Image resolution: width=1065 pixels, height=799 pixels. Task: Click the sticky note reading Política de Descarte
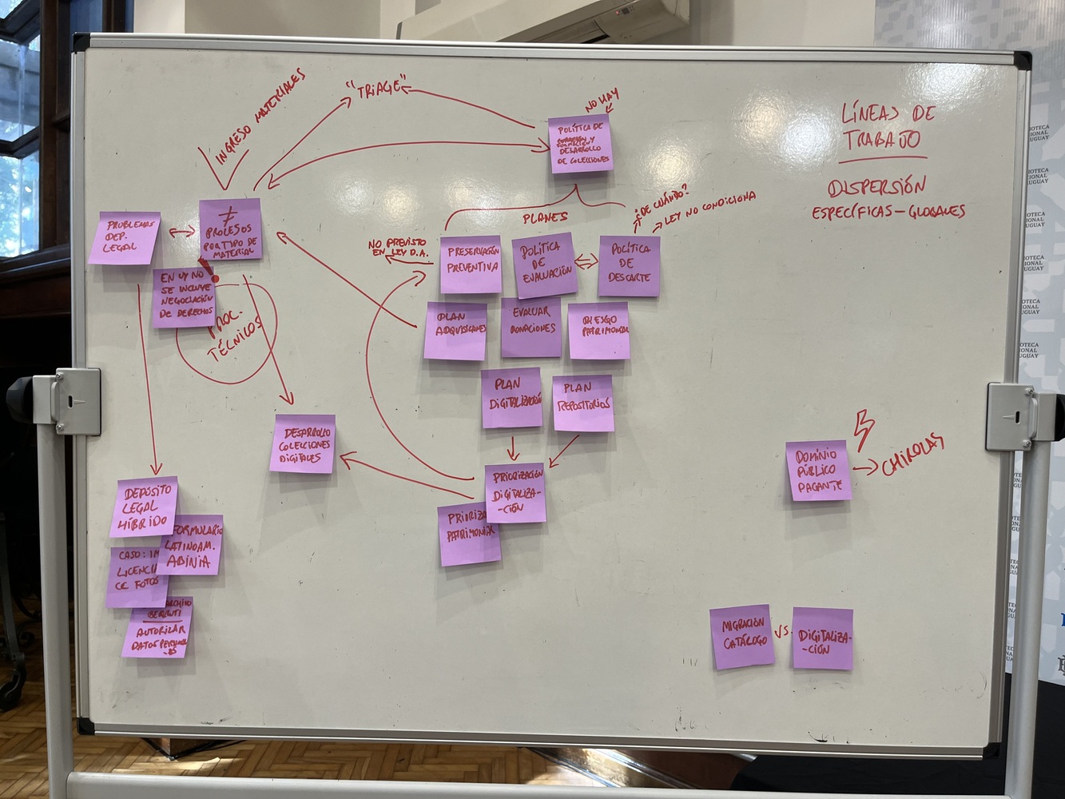[629, 266]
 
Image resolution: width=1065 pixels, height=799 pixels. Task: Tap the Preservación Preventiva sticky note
[471, 264]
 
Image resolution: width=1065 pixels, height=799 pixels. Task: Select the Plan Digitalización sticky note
[511, 397]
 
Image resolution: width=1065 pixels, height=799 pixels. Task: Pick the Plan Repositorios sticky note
[583, 403]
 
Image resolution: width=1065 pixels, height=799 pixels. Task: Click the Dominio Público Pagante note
[818, 471]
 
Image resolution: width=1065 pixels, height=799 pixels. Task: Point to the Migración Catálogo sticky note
[742, 636]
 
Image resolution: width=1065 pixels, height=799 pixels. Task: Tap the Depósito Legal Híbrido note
[144, 507]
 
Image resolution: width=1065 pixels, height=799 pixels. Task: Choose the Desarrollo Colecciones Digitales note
[302, 443]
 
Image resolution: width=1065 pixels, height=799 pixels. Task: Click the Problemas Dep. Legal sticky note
[124, 237]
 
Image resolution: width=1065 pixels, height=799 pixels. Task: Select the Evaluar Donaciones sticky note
[531, 327]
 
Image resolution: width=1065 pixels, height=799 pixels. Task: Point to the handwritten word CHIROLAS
[912, 455]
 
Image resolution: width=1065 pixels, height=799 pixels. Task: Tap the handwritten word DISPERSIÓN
[876, 188]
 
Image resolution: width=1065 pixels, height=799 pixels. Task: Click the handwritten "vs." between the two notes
[782, 631]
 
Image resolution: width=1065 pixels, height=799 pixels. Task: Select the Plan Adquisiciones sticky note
[456, 330]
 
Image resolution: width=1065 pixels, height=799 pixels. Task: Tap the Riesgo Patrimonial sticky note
[599, 330]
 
